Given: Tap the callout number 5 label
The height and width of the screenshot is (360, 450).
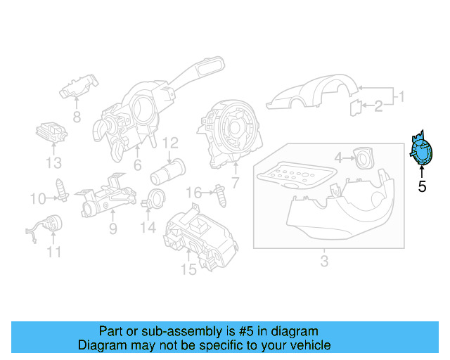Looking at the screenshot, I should [422, 187].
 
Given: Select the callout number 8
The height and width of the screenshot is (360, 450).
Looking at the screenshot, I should [77, 116].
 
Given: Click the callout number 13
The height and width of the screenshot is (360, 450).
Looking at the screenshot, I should [54, 164].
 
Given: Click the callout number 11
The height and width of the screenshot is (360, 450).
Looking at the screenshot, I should [54, 252].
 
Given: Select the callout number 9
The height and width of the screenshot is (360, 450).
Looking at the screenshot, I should [112, 229].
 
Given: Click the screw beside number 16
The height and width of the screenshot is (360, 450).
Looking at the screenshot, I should [223, 194].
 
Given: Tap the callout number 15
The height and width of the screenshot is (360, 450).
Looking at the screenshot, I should [188, 269].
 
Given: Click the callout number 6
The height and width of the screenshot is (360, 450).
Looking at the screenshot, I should [138, 165].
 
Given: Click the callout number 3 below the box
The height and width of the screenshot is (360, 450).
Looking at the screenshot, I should [323, 262].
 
